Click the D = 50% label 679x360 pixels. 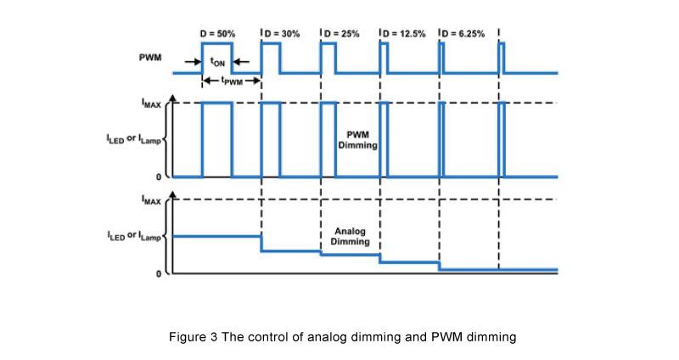[217, 33]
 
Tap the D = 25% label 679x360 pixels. [342, 33]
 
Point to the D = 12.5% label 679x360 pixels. [404, 33]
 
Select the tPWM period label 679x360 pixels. [231, 82]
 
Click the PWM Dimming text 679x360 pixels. [362, 141]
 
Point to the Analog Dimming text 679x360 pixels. [350, 236]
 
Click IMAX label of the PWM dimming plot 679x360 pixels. [152, 103]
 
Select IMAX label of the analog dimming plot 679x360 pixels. [152, 200]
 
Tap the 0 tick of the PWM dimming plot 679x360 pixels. [158, 177]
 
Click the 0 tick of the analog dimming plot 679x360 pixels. [158, 273]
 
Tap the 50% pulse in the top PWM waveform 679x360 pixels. [216, 56]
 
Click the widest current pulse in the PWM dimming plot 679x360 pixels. [216, 140]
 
